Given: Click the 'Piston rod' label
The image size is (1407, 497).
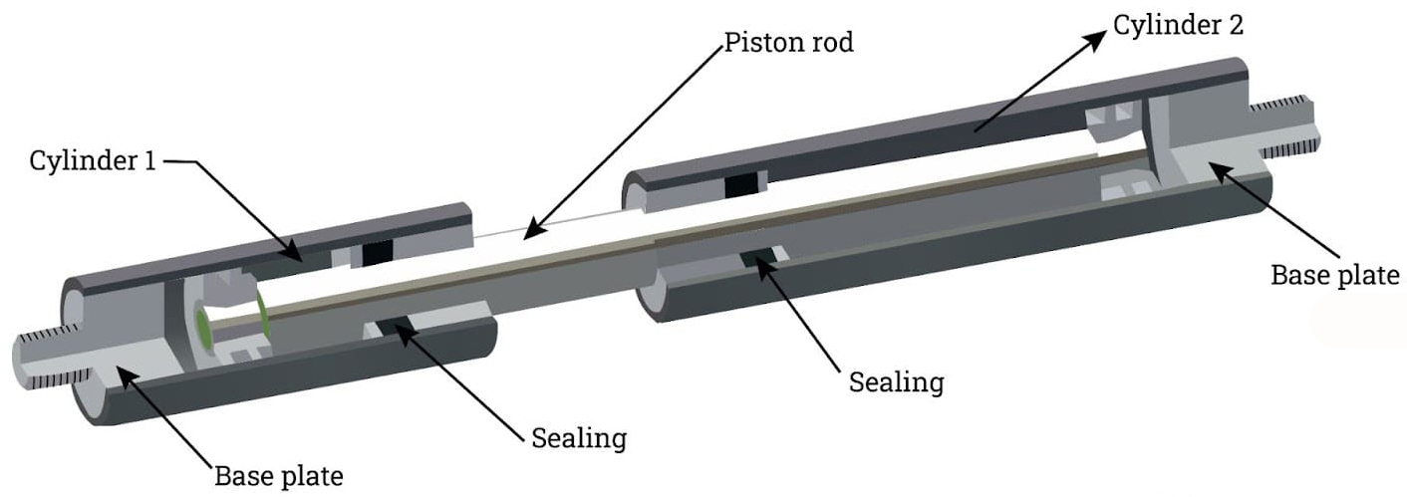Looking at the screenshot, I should tap(788, 43).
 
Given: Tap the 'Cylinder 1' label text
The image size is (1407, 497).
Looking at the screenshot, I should tap(93, 160).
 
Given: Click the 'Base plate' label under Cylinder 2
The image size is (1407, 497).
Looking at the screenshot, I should tap(1335, 275).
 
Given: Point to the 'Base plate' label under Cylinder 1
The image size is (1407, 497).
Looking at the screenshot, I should tap(279, 475).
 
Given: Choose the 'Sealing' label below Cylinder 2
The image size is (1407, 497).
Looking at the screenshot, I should tap(896, 381).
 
